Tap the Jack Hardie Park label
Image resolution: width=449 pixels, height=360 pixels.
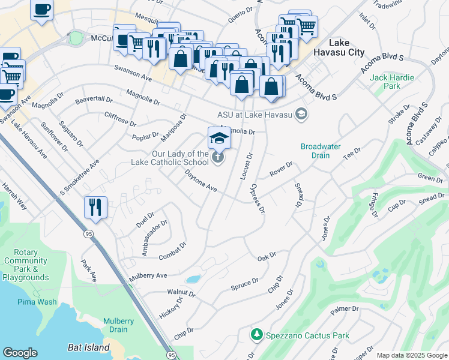click(x=385, y=82)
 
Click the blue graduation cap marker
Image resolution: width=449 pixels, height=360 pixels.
click(x=219, y=139)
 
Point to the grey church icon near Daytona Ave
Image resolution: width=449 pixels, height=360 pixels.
click(x=218, y=158)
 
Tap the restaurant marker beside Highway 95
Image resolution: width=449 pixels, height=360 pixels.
click(x=96, y=207)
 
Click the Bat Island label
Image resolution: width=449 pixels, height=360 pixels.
click(x=88, y=347)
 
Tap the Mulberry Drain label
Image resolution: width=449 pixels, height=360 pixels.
click(x=118, y=325)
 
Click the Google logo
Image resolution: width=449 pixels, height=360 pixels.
click(x=20, y=353)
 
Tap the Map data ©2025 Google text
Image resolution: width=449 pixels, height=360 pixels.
click(x=412, y=355)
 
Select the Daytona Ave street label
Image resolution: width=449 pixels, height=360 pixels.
click(x=200, y=180)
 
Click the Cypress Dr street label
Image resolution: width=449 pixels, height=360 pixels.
click(x=258, y=199)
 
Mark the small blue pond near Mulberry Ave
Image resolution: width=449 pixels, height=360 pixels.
click(x=193, y=279)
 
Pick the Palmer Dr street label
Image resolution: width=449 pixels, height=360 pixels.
click(x=343, y=310)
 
